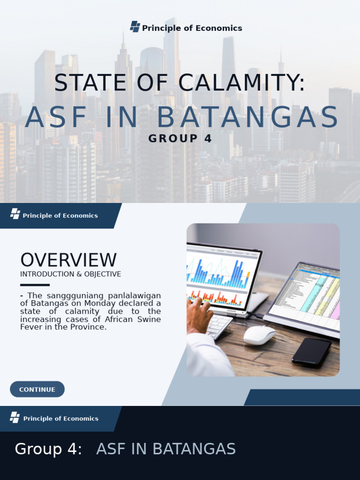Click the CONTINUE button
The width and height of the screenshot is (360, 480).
pyautogui.click(x=37, y=389)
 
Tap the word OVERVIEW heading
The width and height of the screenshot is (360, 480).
pyautogui.click(x=68, y=260)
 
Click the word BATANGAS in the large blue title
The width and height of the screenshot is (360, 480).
pyautogui.click(x=247, y=117)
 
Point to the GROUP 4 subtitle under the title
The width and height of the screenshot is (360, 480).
pyautogui.click(x=180, y=139)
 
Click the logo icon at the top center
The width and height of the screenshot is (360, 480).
pyautogui.click(x=135, y=27)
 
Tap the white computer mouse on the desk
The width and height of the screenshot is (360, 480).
pyautogui.click(x=259, y=335)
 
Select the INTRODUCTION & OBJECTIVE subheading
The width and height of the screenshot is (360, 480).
pyautogui.click(x=70, y=274)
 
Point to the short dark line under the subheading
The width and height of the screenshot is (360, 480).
pyautogui.click(x=35, y=285)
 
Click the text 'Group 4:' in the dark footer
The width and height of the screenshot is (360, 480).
pyautogui.click(x=48, y=449)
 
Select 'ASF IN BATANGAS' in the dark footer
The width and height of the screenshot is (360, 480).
pyautogui.click(x=166, y=449)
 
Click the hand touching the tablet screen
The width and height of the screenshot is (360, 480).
pyautogui.click(x=199, y=315)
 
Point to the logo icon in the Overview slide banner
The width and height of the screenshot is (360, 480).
pyautogui.click(x=15, y=214)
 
